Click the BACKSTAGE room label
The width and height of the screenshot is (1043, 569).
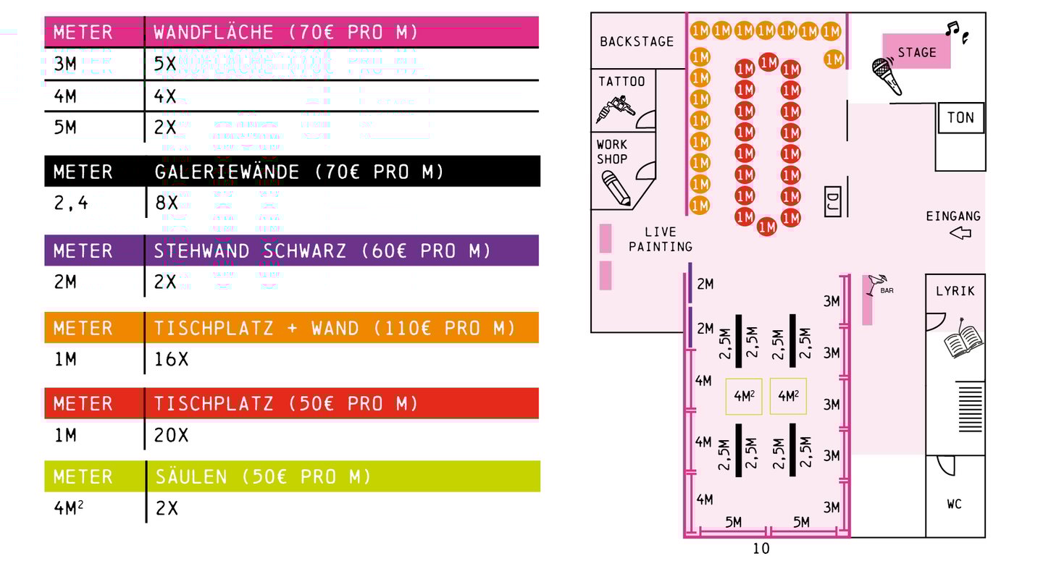click(x=637, y=42)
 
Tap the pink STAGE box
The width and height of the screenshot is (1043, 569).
click(x=916, y=51)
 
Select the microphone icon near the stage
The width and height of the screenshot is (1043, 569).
click(x=887, y=76)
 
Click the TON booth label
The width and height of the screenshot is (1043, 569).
click(x=960, y=118)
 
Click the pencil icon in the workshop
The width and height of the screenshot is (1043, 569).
click(x=616, y=188)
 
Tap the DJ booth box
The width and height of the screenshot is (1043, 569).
click(x=832, y=201)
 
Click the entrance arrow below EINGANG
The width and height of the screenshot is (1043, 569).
click(x=960, y=232)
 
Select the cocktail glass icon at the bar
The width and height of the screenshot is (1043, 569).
click(x=876, y=284)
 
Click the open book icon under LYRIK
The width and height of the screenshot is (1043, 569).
click(x=963, y=340)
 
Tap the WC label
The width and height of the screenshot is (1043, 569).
click(x=954, y=504)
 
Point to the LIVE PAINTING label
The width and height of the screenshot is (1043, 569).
click(x=661, y=239)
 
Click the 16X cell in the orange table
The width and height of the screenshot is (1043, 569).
click(x=171, y=359)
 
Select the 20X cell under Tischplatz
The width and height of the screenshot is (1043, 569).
click(x=171, y=436)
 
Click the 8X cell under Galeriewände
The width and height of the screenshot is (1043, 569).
click(x=167, y=203)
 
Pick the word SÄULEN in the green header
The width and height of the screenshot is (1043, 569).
click(x=191, y=477)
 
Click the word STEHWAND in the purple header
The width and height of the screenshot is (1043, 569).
click(x=201, y=251)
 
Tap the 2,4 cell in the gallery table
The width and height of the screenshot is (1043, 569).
click(x=71, y=203)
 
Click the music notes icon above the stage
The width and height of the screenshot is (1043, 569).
click(x=957, y=33)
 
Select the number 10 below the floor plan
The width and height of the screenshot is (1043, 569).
click(x=761, y=549)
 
